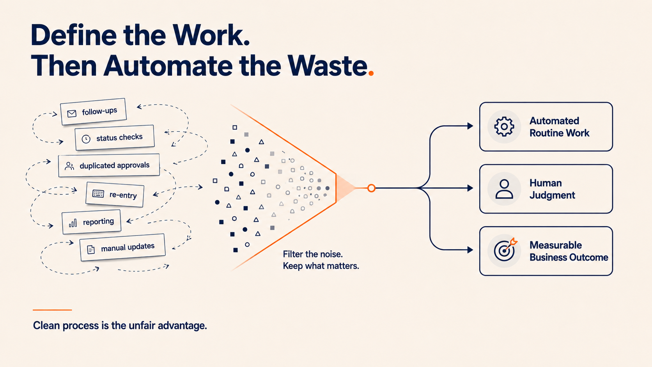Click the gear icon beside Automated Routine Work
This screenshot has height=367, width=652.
point(504,127)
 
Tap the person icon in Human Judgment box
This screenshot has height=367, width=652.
point(504,189)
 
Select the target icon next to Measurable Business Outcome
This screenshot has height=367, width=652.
point(505,250)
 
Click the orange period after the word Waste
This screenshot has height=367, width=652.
point(371,73)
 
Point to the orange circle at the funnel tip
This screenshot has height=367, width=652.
point(371,188)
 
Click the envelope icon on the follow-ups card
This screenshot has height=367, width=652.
point(72,113)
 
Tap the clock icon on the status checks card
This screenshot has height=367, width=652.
point(86,139)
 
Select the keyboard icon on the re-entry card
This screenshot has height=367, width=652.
point(98,193)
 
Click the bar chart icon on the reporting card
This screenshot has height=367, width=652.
point(73,223)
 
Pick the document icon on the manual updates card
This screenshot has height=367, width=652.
point(91,250)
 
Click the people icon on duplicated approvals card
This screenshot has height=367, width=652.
point(69,166)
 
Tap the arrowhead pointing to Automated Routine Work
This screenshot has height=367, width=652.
point(470,126)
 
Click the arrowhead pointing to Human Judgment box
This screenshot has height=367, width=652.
point(470,188)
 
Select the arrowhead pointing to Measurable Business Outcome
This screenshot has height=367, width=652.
point(470,250)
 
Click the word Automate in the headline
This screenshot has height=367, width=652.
point(168,66)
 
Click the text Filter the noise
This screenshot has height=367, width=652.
point(313,254)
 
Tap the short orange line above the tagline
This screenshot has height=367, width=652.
point(52,310)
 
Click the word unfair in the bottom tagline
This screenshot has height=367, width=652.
point(142,325)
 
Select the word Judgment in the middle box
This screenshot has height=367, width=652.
point(552,195)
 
